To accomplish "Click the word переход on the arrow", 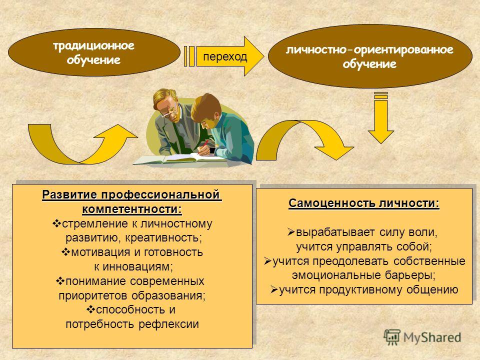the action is click(x=225, y=57).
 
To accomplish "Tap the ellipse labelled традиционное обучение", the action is click(x=94, y=52).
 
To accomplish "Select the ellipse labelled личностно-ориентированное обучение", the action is click(x=370, y=56).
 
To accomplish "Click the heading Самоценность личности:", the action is click(x=363, y=203).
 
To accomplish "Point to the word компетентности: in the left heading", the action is click(x=132, y=209).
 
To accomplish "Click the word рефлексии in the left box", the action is click(x=168, y=324).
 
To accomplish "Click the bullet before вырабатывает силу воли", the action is click(x=291, y=232).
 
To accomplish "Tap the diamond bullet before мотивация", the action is click(x=66, y=252).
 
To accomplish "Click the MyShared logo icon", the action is click(x=392, y=337).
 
